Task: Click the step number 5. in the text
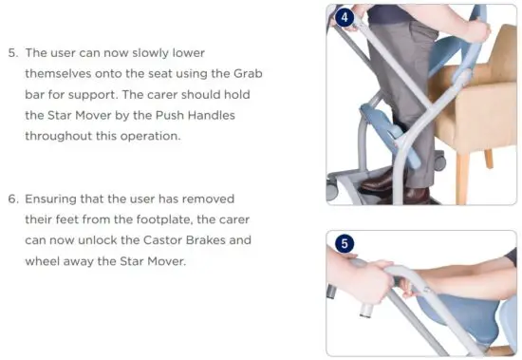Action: point(13,52)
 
